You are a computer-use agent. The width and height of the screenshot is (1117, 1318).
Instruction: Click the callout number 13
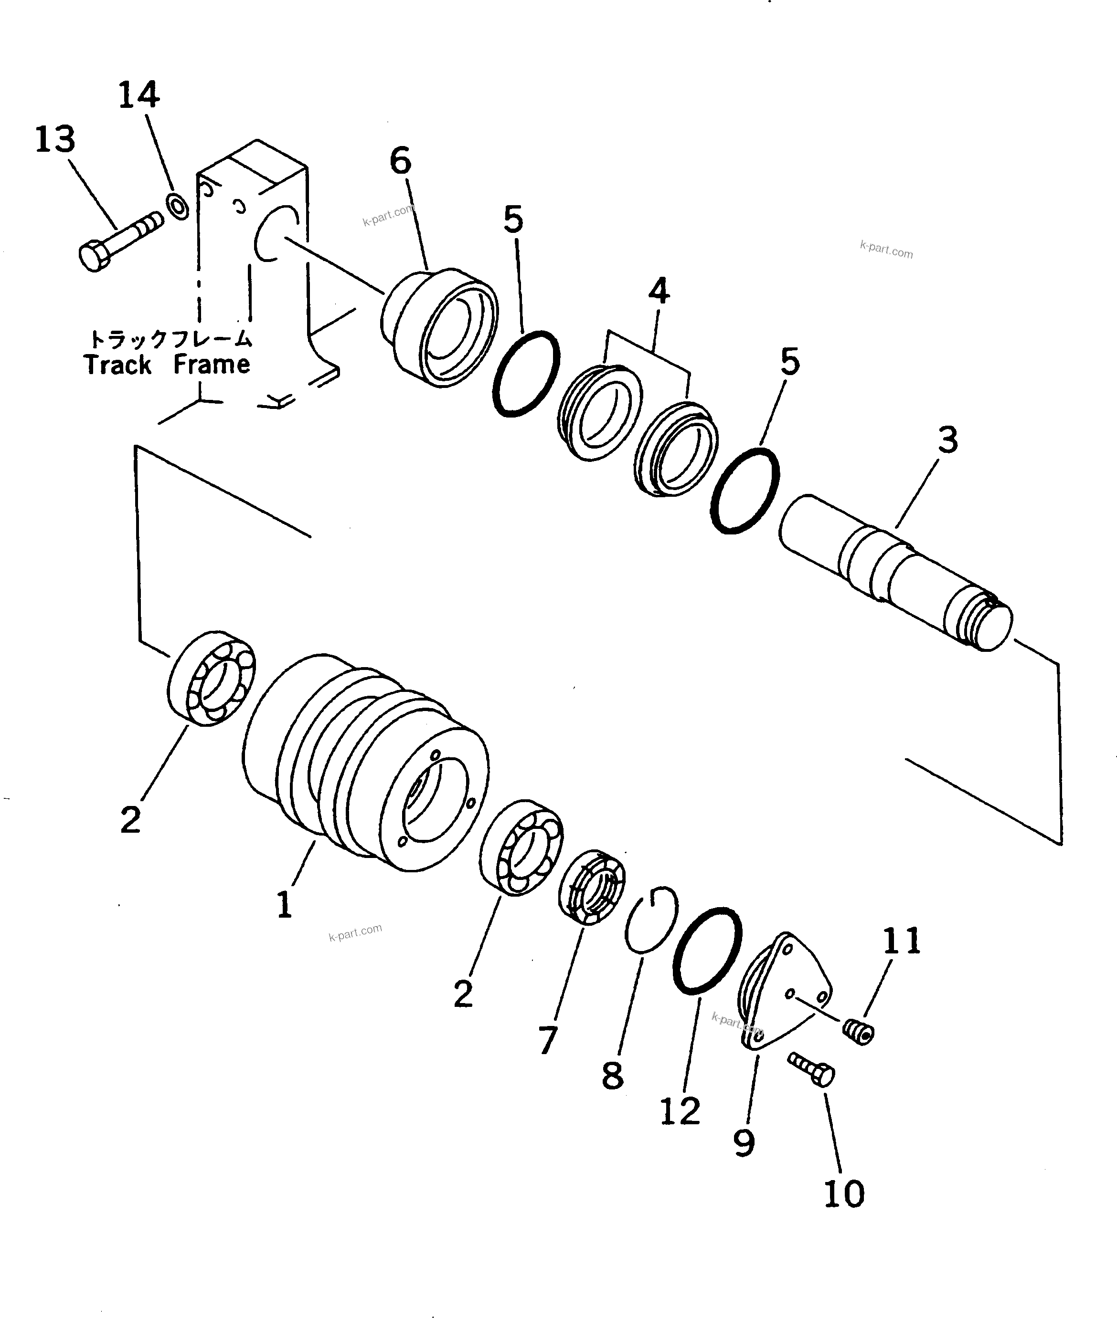point(55,139)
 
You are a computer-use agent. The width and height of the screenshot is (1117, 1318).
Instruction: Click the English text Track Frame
point(167,365)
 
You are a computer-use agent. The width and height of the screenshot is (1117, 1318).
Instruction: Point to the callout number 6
point(400,161)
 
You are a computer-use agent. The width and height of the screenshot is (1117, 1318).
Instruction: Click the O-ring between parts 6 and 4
point(526,373)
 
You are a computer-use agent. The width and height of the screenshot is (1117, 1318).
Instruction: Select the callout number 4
point(659,291)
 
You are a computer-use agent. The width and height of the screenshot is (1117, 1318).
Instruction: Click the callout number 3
point(947,440)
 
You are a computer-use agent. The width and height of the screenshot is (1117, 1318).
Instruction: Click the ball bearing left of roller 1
point(212,678)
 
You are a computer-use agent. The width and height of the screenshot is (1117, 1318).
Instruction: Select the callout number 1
point(284,905)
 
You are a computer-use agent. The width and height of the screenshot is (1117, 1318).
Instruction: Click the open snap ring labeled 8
point(651,920)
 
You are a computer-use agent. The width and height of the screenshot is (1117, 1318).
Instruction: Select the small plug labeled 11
point(859,1033)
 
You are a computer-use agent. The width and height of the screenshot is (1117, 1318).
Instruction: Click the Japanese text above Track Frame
point(170,339)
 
